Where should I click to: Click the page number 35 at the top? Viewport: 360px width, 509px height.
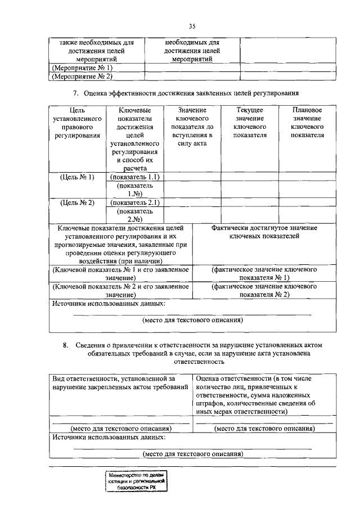pyautogui.click(x=192, y=25)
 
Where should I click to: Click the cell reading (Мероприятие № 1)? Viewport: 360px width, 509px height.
pyautogui.click(x=82, y=67)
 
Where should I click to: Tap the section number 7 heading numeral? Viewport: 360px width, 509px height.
pyautogui.click(x=75, y=92)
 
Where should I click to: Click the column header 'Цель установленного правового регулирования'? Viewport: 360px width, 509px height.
pyautogui.click(x=78, y=127)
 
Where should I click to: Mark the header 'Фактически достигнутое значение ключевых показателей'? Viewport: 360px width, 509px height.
pyautogui.click(x=264, y=232)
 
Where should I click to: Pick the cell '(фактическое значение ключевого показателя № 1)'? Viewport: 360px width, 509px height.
pyautogui.click(x=264, y=274)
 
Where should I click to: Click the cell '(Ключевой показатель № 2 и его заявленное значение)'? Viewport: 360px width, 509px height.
pyautogui.click(x=120, y=290)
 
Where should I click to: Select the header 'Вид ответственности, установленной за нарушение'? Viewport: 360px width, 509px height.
pyautogui.click(x=120, y=383)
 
